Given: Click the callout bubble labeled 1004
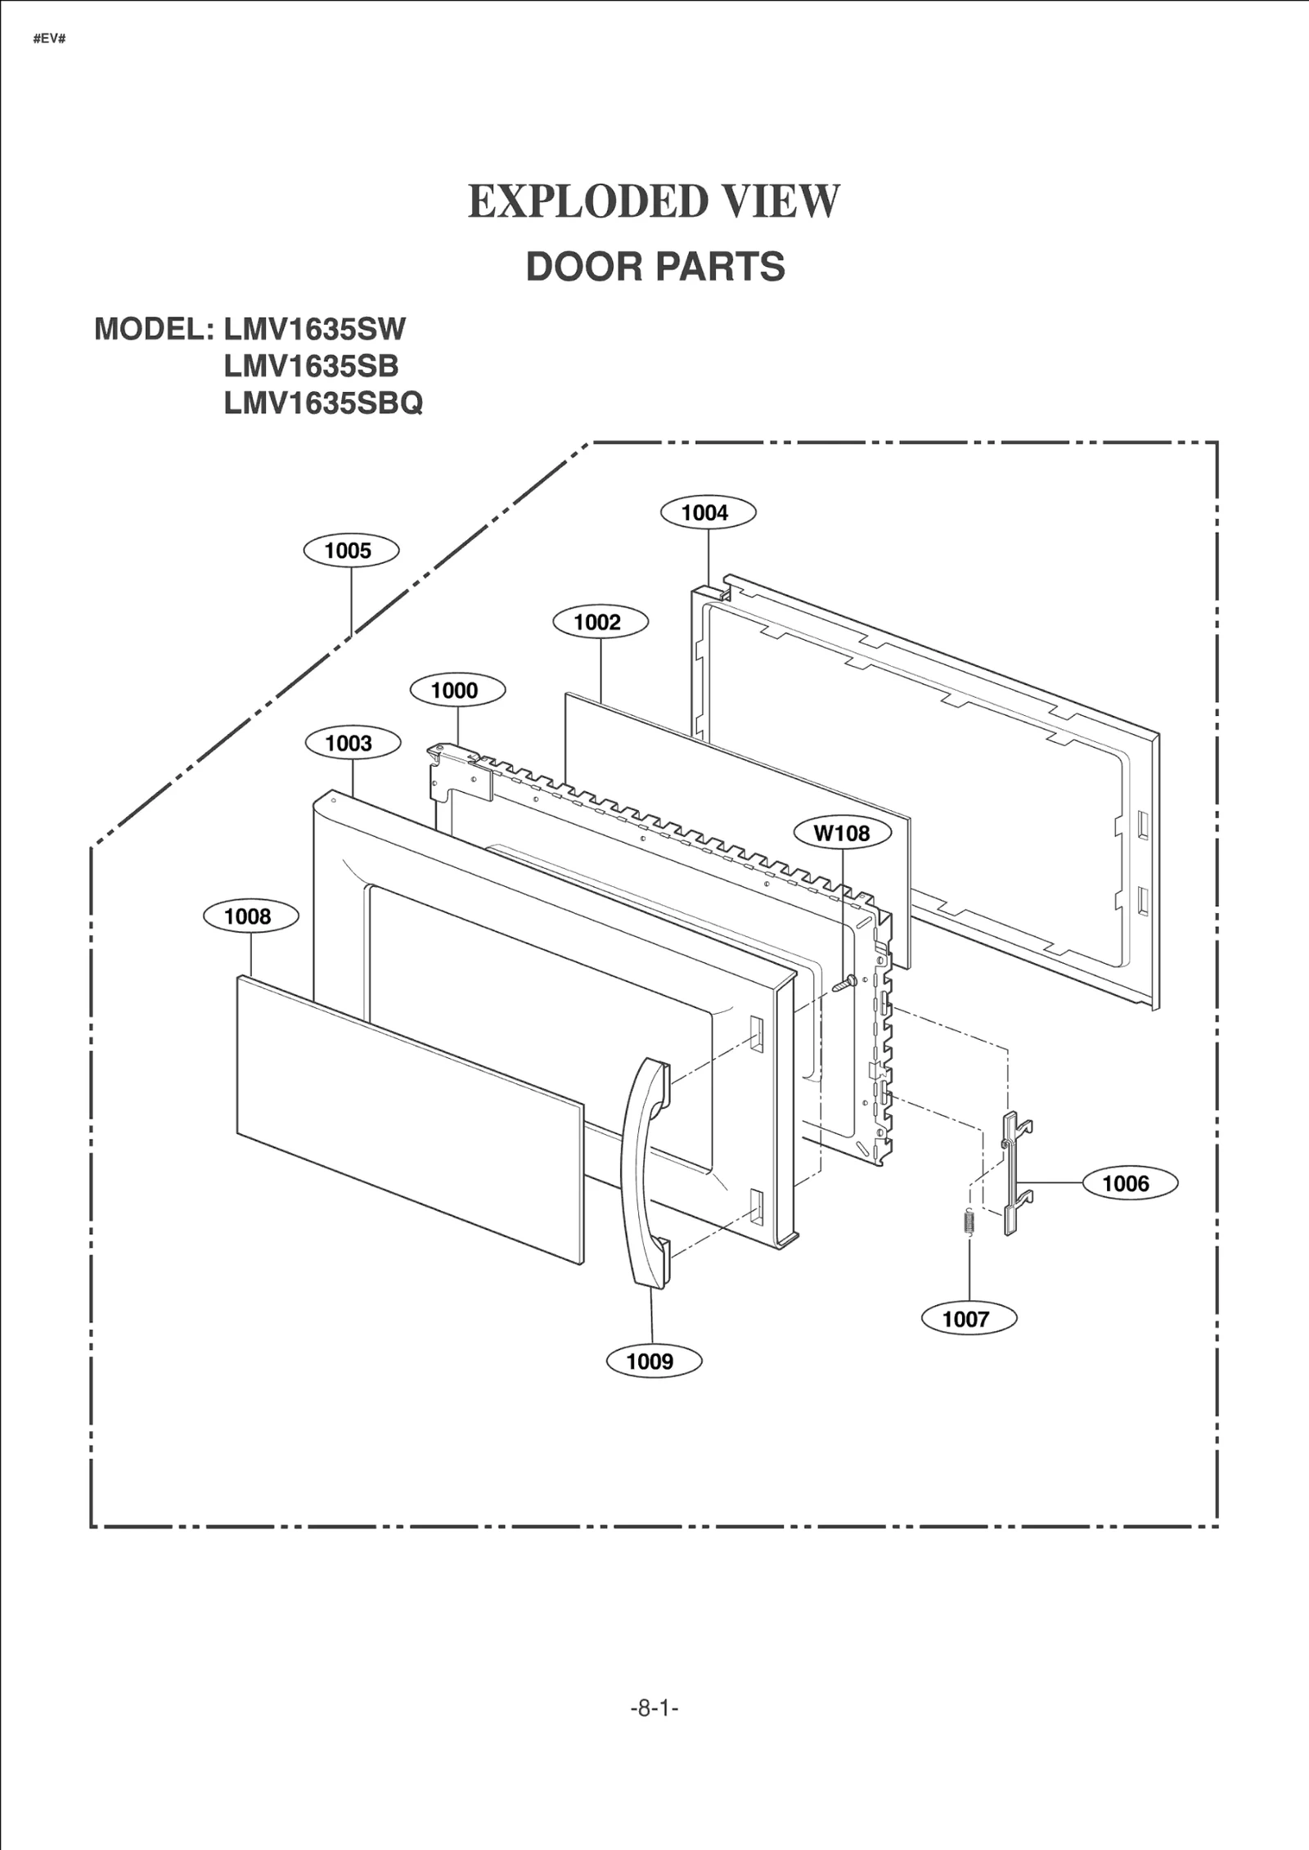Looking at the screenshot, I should [708, 513].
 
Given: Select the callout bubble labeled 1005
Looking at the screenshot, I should [351, 551].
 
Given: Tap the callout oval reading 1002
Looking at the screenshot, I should [601, 622].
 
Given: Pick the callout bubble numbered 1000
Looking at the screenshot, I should [457, 690].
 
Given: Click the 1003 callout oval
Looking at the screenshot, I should [353, 743].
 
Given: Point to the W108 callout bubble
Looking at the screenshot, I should [843, 833].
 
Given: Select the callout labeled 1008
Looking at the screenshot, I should [250, 916].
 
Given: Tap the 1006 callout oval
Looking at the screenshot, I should [1130, 1183].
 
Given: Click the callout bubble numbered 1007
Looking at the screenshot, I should [969, 1318].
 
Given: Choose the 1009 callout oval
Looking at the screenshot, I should [654, 1361].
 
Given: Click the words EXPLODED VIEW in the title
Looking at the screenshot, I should [654, 201].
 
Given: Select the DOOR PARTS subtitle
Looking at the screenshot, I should [655, 267].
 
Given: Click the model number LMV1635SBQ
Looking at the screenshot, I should [323, 403].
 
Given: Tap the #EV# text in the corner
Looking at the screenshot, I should [49, 38].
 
